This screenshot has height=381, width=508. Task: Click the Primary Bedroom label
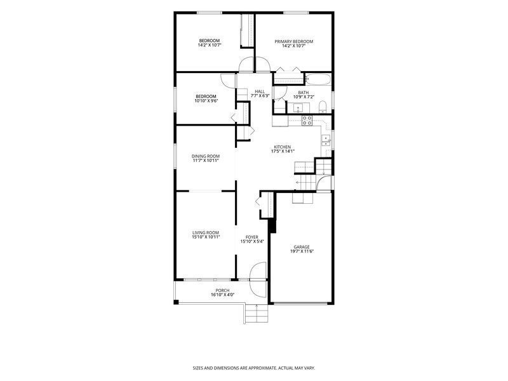[x=294, y=41]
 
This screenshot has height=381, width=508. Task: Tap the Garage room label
[x=302, y=247]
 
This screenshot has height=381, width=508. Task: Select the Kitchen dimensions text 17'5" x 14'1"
[x=283, y=151]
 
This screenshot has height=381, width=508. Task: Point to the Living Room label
[x=206, y=232]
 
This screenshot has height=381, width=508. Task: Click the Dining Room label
[x=206, y=156]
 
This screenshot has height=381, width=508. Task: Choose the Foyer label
[x=252, y=237]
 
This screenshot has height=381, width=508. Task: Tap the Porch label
[x=223, y=291]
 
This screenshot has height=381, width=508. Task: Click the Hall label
[x=260, y=91]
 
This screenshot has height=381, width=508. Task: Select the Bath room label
[x=304, y=93]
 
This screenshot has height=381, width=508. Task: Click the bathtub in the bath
[x=318, y=79]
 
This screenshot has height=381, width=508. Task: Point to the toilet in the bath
[x=323, y=107]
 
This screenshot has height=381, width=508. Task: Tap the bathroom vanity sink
[x=298, y=107]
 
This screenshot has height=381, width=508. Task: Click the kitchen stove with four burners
[x=307, y=121]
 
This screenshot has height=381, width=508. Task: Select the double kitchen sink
[x=326, y=140]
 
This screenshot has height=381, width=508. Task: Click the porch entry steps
[x=257, y=313]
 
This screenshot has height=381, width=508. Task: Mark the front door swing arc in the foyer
[x=258, y=271]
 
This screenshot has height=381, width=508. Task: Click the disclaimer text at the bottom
[x=254, y=368]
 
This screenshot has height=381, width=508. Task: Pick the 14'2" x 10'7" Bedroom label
[x=210, y=43]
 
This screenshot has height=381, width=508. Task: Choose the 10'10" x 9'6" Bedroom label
[x=206, y=98]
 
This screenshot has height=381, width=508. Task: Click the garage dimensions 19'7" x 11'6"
[x=302, y=251]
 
